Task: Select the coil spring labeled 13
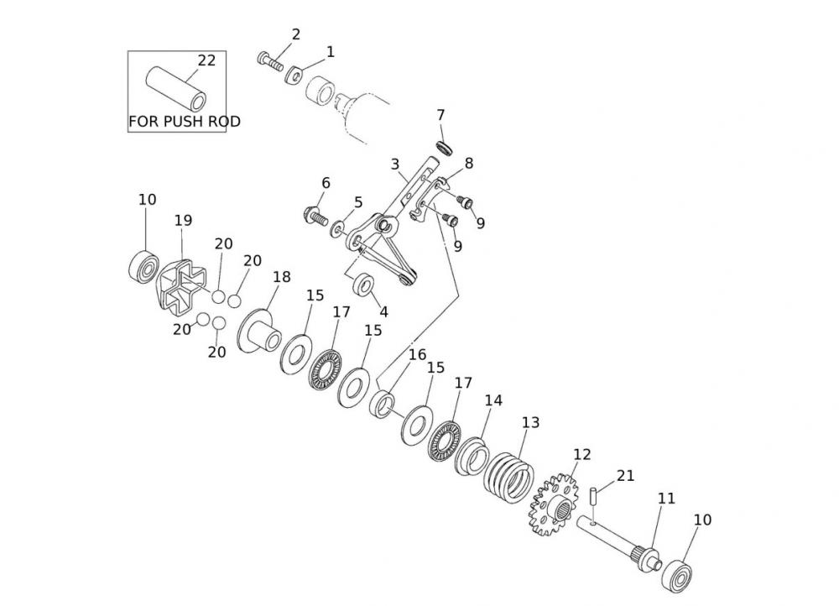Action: (x=511, y=475)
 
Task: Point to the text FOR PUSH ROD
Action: (x=184, y=122)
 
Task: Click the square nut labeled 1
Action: (x=293, y=76)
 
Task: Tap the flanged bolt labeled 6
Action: (x=313, y=216)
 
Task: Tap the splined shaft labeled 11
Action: (x=621, y=546)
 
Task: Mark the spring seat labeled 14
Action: (x=472, y=455)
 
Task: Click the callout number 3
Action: (x=395, y=164)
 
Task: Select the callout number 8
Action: (x=468, y=164)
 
